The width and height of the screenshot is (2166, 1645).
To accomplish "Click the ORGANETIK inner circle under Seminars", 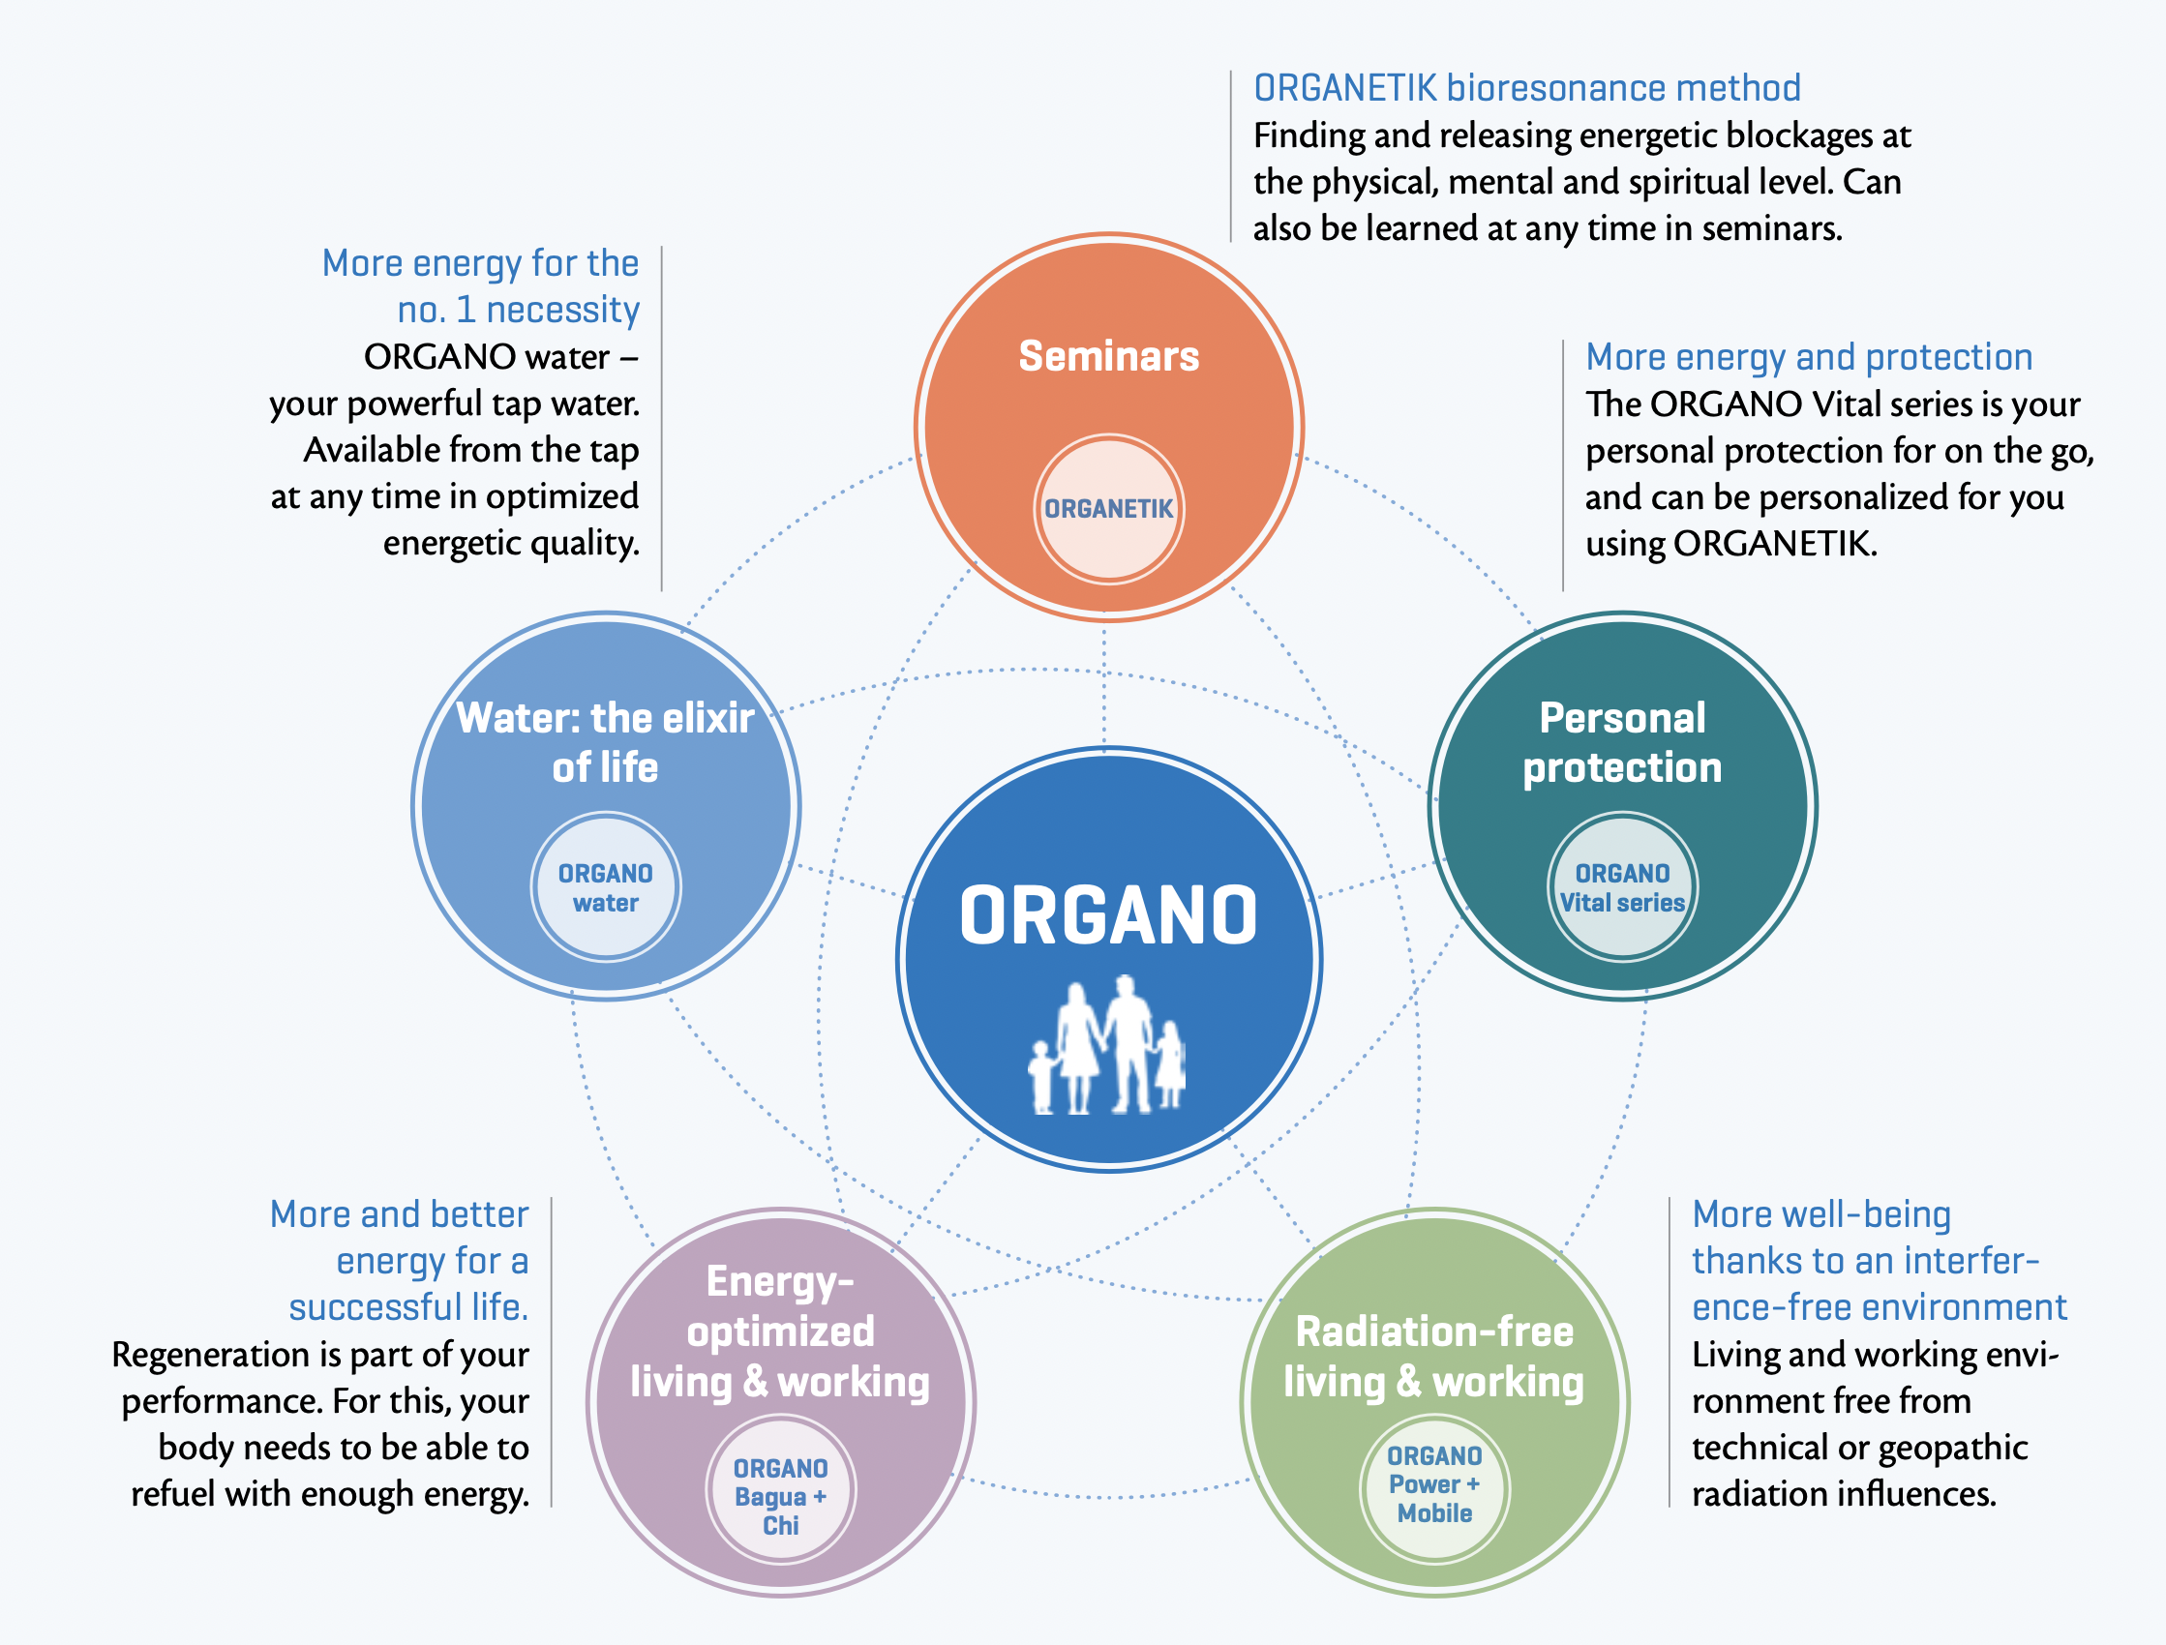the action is pyautogui.click(x=1108, y=509).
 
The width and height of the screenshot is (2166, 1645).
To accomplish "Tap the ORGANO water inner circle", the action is pyautogui.click(x=605, y=887).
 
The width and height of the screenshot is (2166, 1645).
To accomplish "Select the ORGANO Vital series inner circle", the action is pyautogui.click(x=1622, y=887).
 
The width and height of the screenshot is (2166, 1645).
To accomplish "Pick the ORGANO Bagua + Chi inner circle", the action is pyautogui.click(x=780, y=1490).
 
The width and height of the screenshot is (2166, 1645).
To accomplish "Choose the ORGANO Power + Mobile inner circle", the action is pyautogui.click(x=1434, y=1484).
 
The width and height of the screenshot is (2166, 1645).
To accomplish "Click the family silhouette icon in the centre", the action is pyautogui.click(x=1107, y=1045).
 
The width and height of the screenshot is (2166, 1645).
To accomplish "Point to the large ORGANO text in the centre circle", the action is pyautogui.click(x=1108, y=915).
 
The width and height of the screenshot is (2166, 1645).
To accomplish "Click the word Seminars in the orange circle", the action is pyautogui.click(x=1108, y=355).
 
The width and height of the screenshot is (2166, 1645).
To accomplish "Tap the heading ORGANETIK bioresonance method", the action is pyautogui.click(x=1526, y=88).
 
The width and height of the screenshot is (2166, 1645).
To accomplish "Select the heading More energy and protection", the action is pyautogui.click(x=1809, y=358).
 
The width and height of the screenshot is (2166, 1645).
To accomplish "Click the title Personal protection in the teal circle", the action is pyautogui.click(x=1622, y=743).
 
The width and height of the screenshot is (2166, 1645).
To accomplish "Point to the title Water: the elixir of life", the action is pyautogui.click(x=605, y=743).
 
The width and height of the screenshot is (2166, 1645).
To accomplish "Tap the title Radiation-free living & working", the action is pyautogui.click(x=1434, y=1357).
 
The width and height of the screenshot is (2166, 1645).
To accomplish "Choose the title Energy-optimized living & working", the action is pyautogui.click(x=780, y=1331).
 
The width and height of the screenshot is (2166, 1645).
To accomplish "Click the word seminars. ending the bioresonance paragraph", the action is pyautogui.click(x=1772, y=229).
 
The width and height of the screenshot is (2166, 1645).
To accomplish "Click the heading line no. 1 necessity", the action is pyautogui.click(x=518, y=311).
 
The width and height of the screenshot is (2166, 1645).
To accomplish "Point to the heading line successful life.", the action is pyautogui.click(x=408, y=1308).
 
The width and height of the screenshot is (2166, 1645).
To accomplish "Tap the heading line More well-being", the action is pyautogui.click(x=1821, y=1216).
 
